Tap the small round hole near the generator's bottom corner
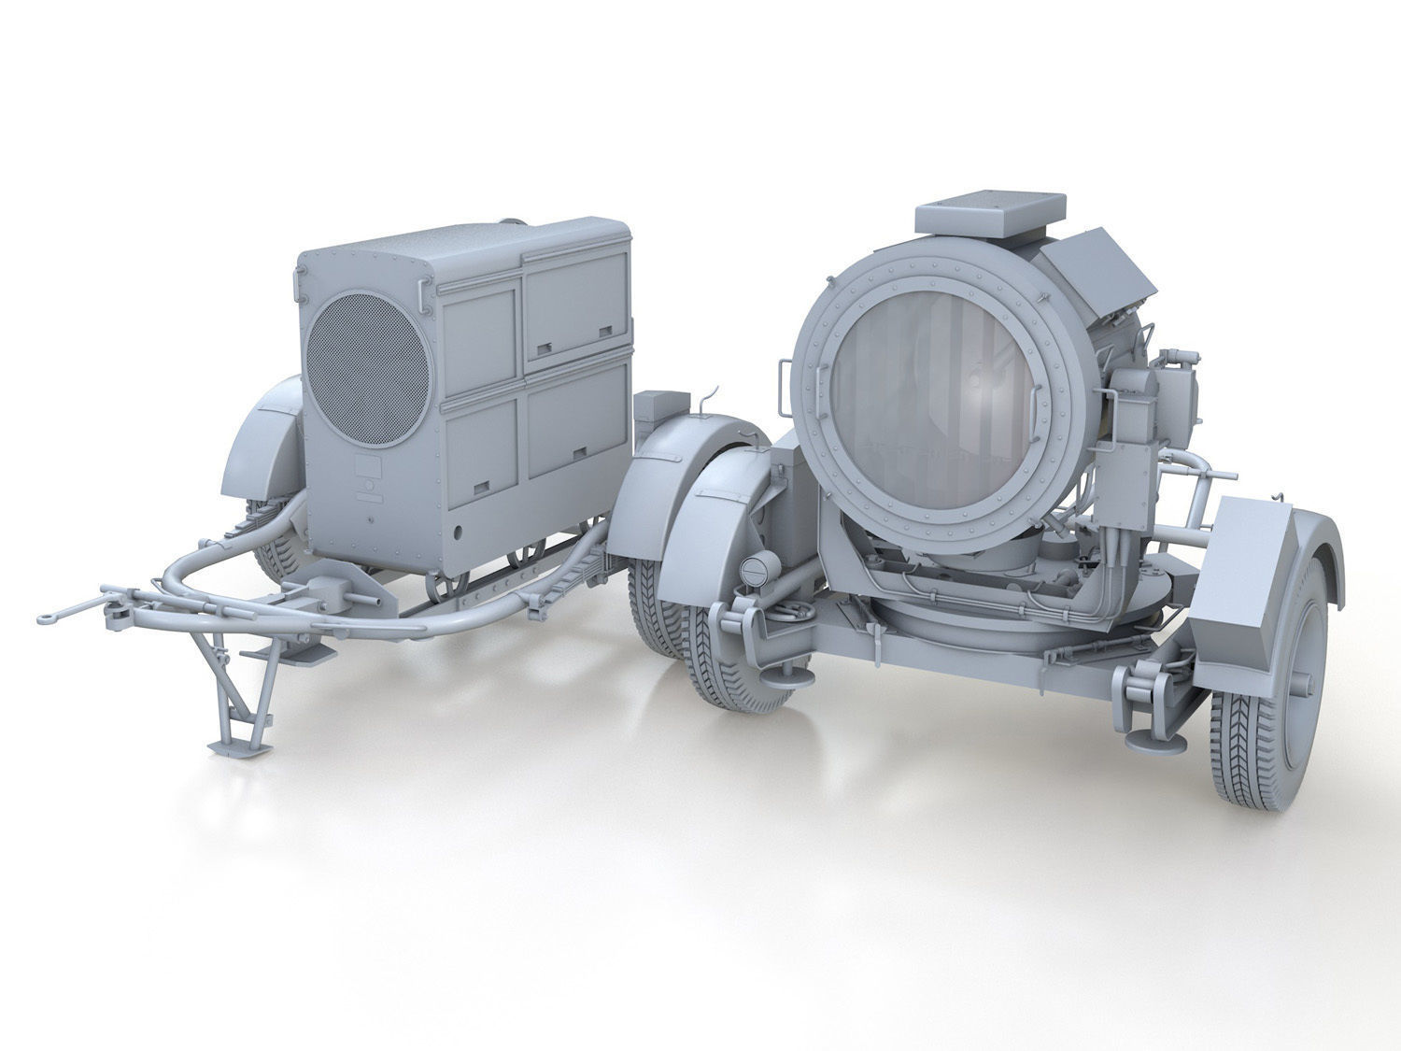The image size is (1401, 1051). point(459,533)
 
